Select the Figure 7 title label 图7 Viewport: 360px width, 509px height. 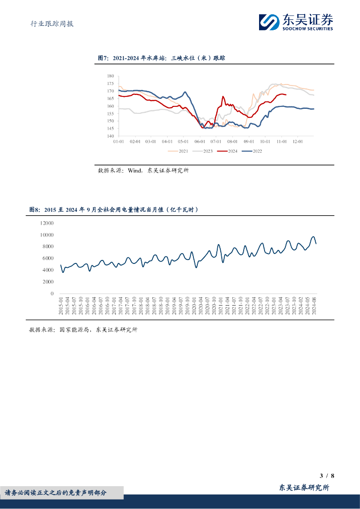point(103,58)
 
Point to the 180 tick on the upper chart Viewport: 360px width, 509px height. point(110,76)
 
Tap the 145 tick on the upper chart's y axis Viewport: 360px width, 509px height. point(110,128)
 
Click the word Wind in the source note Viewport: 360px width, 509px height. point(135,170)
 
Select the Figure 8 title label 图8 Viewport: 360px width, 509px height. point(34,210)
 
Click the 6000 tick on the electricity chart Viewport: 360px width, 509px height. point(48,258)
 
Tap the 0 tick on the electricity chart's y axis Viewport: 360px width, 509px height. point(52,294)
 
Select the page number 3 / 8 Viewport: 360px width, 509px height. point(327,476)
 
